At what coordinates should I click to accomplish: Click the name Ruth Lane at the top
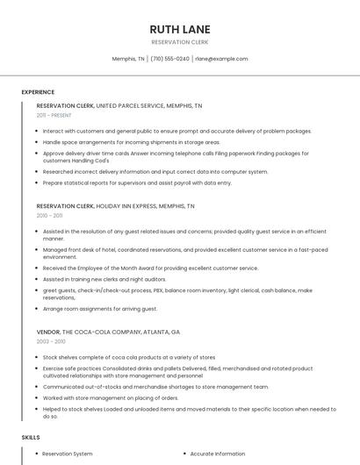click(180, 29)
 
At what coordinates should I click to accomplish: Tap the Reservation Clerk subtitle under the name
click(180, 42)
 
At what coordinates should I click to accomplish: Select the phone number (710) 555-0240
click(169, 59)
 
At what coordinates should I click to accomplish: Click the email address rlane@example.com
click(221, 59)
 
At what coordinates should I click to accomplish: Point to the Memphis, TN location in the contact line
click(128, 59)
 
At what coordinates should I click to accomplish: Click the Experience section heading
click(38, 92)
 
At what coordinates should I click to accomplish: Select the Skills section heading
click(31, 437)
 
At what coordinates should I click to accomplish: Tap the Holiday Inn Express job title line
click(116, 206)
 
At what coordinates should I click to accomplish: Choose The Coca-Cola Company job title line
click(108, 333)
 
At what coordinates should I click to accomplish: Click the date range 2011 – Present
click(54, 115)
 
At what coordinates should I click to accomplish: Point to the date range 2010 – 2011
click(50, 216)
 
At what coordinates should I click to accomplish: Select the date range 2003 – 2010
click(52, 342)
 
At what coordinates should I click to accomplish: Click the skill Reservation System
click(68, 454)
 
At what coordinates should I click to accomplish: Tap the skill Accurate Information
click(218, 454)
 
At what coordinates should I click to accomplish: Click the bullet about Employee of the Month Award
click(151, 268)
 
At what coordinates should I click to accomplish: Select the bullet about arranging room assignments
click(100, 309)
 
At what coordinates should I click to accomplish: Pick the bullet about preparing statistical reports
click(137, 182)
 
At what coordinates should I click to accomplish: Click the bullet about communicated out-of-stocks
click(155, 386)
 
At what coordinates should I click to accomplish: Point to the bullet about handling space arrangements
click(132, 141)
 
